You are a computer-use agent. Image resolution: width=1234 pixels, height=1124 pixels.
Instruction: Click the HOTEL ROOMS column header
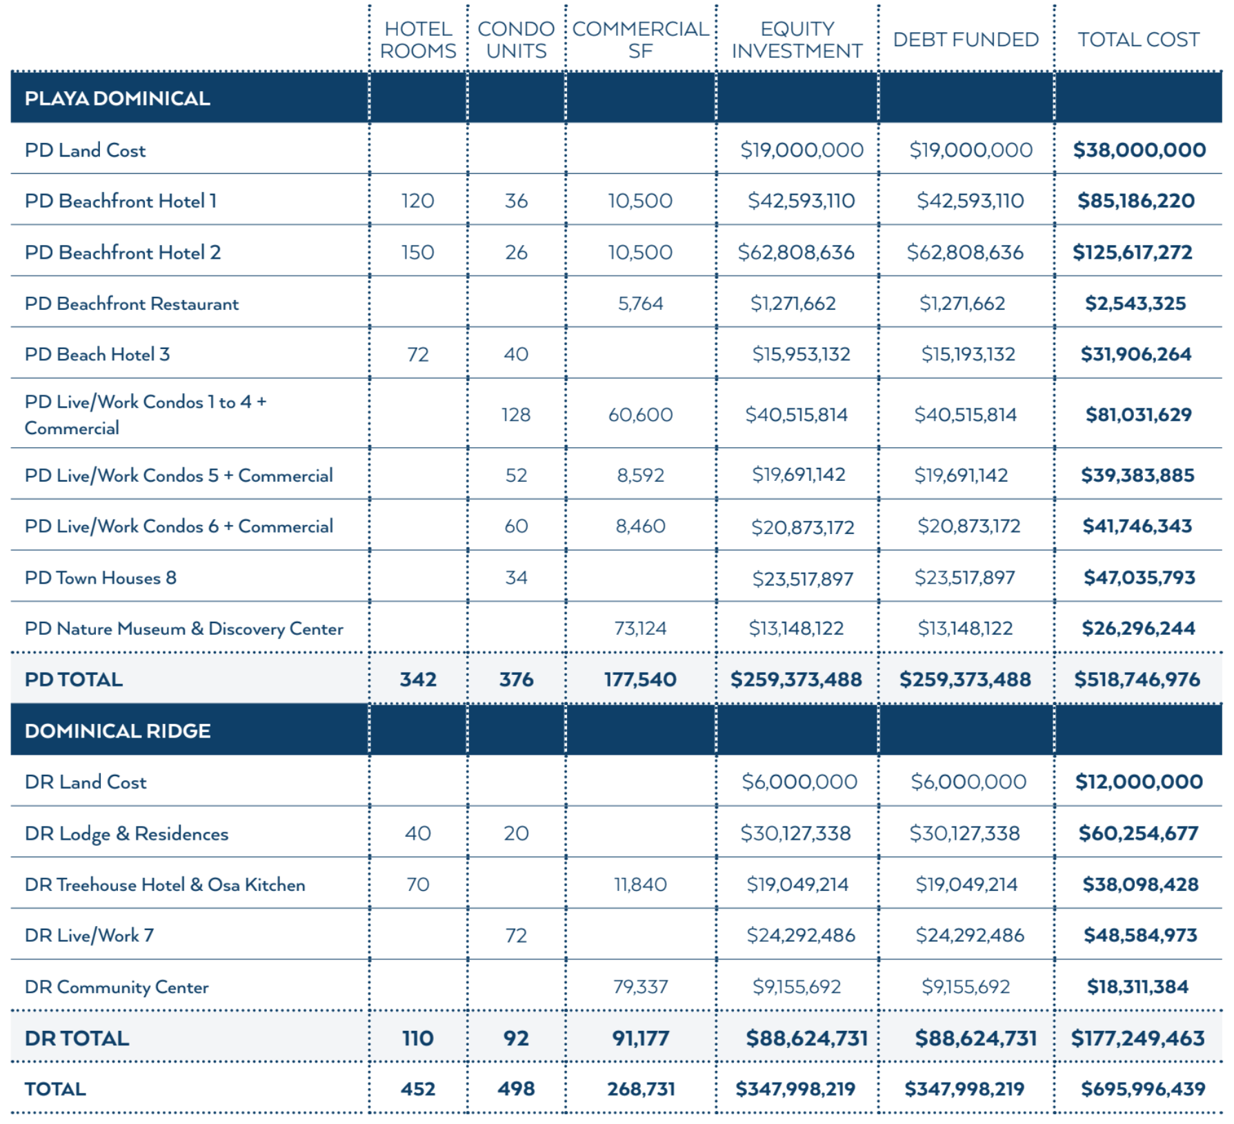coord(418,40)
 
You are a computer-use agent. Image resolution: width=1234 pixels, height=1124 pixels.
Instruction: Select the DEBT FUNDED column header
coord(966,40)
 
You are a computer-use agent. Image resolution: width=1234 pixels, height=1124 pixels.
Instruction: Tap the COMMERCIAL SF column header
coord(641,40)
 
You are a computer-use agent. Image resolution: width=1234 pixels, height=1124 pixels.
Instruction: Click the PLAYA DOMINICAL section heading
coord(117,99)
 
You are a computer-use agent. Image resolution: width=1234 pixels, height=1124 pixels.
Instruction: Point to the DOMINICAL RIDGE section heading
coord(117,731)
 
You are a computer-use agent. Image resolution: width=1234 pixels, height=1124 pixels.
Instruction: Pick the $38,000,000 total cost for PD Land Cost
coord(1139,150)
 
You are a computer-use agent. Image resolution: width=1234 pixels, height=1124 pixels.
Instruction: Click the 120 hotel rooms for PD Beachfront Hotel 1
coord(418,201)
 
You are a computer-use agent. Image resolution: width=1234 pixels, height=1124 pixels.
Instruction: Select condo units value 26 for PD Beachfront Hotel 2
coord(516,253)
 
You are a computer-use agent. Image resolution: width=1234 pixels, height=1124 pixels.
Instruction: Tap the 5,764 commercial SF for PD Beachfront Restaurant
coord(641,304)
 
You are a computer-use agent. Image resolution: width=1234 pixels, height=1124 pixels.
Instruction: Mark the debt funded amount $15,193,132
coord(968,355)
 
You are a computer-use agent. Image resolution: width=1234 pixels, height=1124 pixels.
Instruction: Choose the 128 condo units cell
coord(516,415)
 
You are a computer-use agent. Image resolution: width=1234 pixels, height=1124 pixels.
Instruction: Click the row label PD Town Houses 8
coord(101,578)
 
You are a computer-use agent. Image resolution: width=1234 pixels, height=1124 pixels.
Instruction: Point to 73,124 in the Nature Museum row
coord(641,629)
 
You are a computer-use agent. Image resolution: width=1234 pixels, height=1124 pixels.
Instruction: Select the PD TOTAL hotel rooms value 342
coord(418,680)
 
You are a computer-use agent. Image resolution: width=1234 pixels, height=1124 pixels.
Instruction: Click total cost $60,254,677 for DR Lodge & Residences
coord(1138,834)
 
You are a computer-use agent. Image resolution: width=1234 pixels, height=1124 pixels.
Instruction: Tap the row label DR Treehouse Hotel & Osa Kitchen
coord(165,885)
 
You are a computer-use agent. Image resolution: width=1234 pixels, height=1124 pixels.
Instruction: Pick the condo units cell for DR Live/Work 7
coord(516,936)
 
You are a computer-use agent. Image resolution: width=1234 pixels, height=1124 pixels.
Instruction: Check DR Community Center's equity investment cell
coord(797,987)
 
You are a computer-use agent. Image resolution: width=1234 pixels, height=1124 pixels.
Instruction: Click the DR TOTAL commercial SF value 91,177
coord(641,1038)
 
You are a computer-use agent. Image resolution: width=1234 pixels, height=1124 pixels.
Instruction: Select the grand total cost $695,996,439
coord(1142,1090)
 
